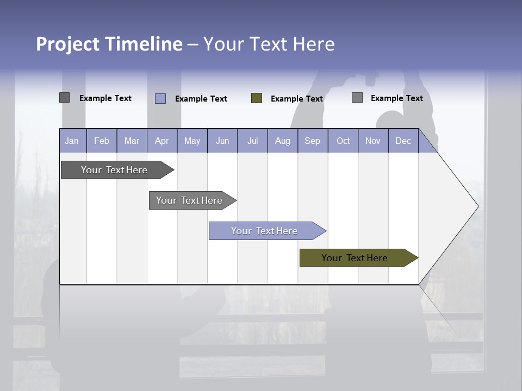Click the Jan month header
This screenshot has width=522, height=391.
coord(72,141)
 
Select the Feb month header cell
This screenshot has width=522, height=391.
coord(102,141)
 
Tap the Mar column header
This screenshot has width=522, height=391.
coord(132,141)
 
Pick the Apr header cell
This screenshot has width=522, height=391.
coord(162,141)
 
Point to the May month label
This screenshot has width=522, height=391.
coord(192,141)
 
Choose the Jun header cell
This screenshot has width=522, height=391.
coord(222,141)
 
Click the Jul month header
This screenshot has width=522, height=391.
coord(252,141)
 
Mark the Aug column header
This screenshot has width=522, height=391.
coord(283,141)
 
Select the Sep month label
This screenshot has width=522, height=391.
coord(313,141)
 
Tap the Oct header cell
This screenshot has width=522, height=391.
coord(343,141)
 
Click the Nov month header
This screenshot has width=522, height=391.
coord(373,141)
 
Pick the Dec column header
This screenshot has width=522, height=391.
coord(403,141)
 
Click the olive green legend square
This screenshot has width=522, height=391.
coord(257,98)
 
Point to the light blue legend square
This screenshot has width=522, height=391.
coord(160,98)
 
